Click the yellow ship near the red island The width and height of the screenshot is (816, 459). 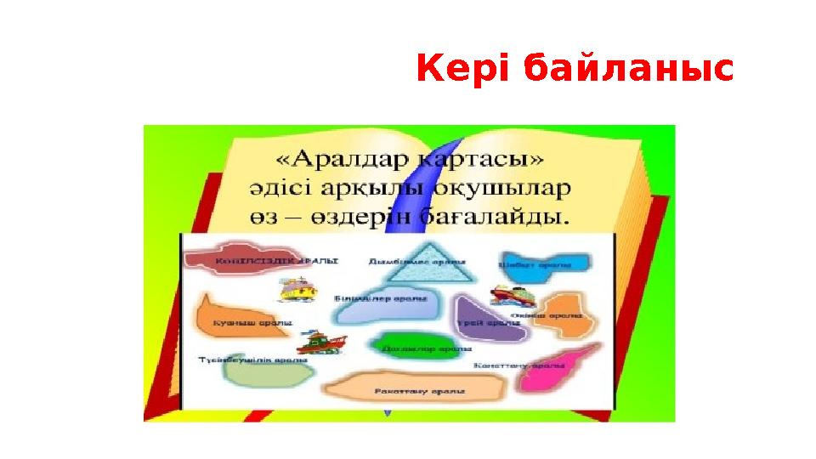298,289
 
